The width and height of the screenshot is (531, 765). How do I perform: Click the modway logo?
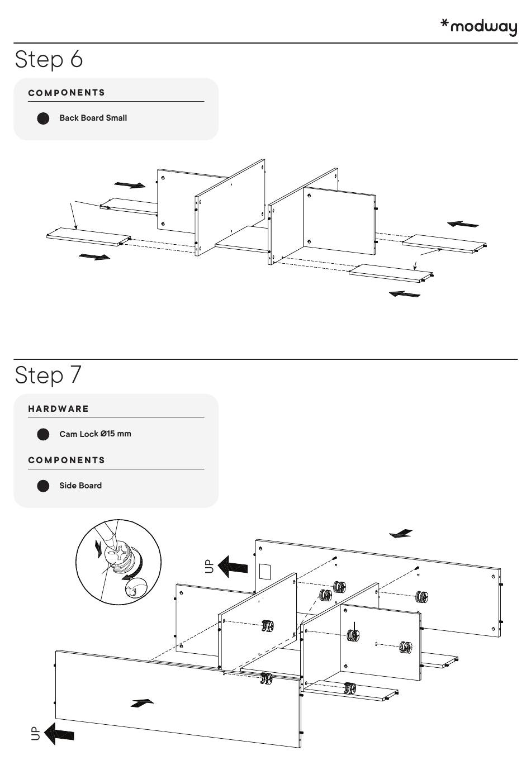coord(479,26)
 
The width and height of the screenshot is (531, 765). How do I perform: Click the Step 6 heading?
coord(49,59)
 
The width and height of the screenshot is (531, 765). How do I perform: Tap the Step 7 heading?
coord(49,375)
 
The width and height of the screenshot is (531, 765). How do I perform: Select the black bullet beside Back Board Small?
coord(43,118)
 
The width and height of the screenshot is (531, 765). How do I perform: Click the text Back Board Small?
coord(93,118)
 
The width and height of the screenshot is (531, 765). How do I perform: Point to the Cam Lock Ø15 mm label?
coord(95,434)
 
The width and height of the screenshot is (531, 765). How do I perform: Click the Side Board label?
coord(80,486)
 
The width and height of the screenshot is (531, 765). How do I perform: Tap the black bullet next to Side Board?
coord(43,486)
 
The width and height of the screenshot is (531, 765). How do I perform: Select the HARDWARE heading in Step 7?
coord(59,409)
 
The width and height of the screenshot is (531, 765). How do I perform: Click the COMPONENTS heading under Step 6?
coord(67,93)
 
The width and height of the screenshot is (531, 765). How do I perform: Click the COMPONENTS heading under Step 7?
coord(67,460)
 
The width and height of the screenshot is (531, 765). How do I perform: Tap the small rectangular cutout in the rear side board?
coord(265,571)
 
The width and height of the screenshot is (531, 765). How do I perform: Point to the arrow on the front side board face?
coord(142,702)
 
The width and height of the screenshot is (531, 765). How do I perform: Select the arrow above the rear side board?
coord(401,534)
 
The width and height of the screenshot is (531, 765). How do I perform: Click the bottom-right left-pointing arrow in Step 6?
coord(404,293)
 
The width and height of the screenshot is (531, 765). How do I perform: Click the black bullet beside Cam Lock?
coord(43,435)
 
